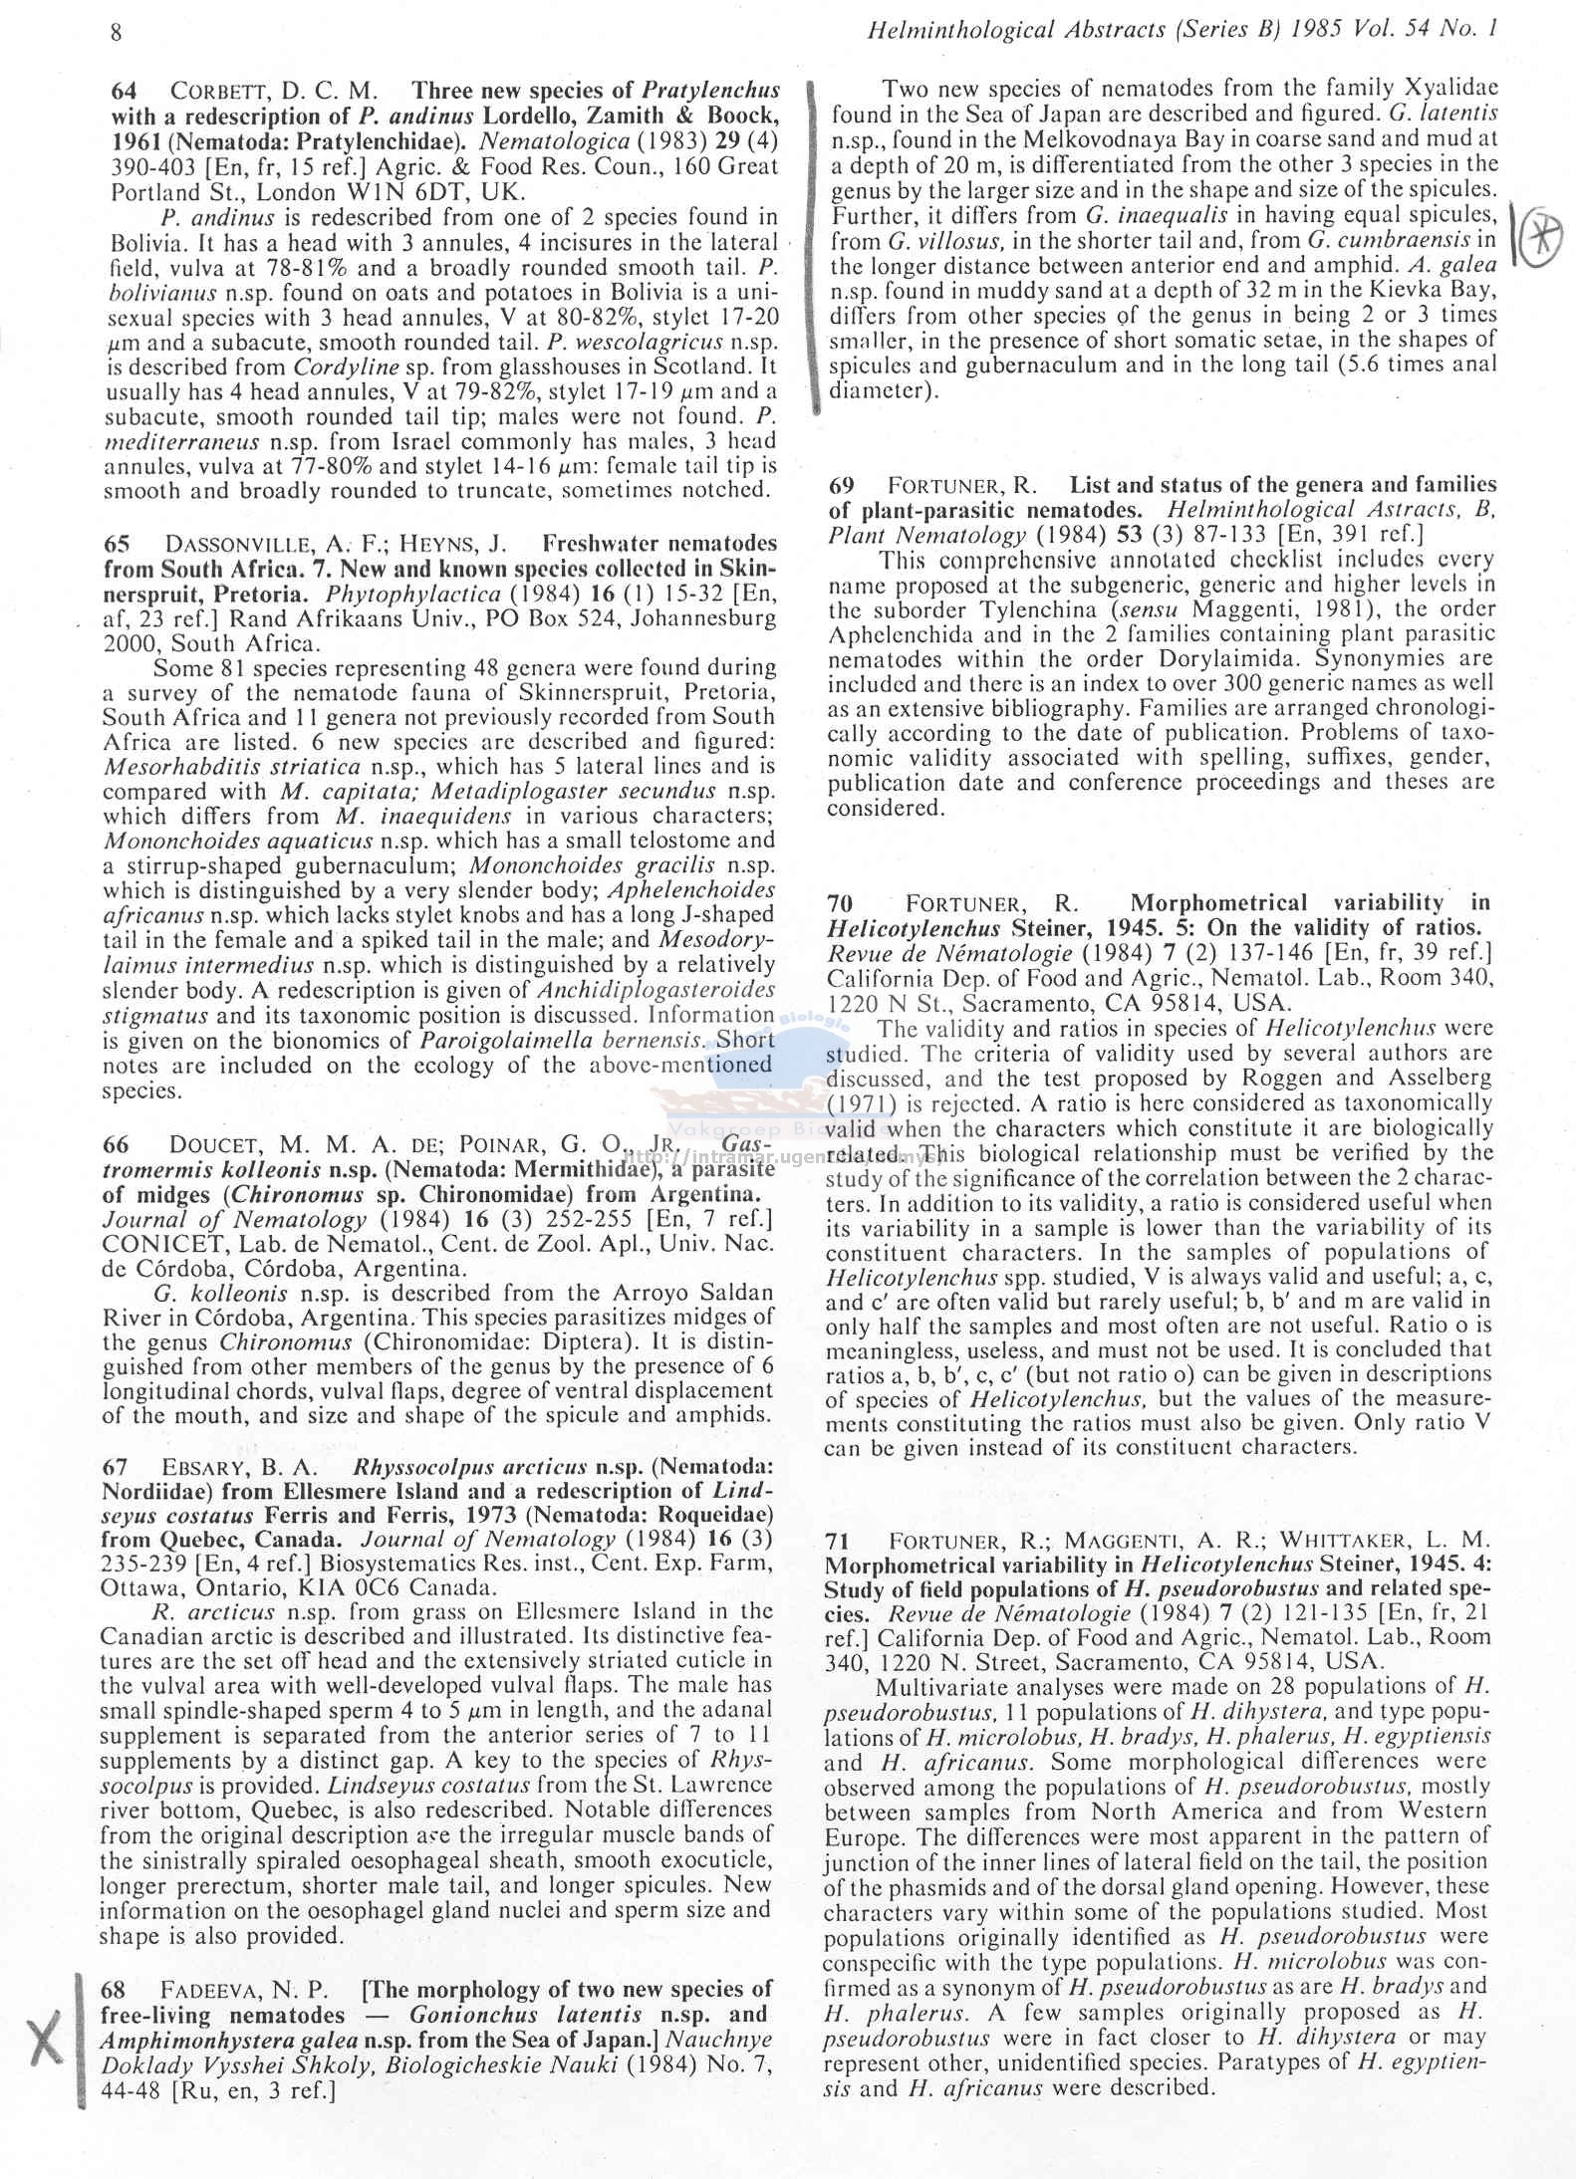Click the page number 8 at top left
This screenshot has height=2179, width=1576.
[x=116, y=31]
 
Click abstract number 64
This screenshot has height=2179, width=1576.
[x=124, y=92]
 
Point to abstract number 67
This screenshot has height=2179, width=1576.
[x=116, y=1467]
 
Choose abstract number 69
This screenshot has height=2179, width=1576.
[x=842, y=486]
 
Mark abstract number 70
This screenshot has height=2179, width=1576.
[x=840, y=903]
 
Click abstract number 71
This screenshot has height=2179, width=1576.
[x=839, y=1540]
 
